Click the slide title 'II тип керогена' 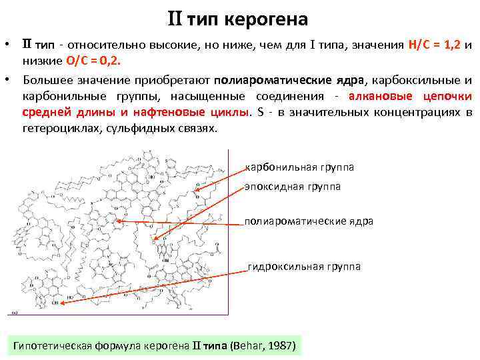click(x=237, y=19)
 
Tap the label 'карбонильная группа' click(x=300, y=167)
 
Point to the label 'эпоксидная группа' click(x=293, y=187)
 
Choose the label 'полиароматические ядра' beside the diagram click(x=309, y=221)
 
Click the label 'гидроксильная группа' click(x=304, y=267)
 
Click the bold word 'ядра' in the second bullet click(x=350, y=79)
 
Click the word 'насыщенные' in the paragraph click(x=187, y=95)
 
